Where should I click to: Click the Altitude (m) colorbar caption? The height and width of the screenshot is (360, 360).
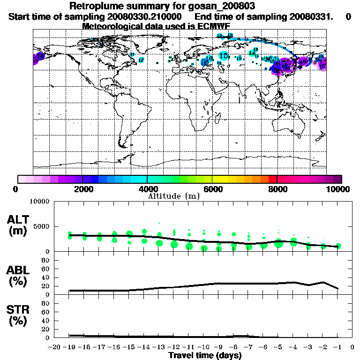[174, 196]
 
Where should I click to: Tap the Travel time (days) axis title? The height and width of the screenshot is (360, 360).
[205, 356]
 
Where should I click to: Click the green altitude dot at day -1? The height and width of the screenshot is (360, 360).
[338, 246]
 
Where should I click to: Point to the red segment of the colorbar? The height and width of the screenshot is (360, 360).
[273, 179]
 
